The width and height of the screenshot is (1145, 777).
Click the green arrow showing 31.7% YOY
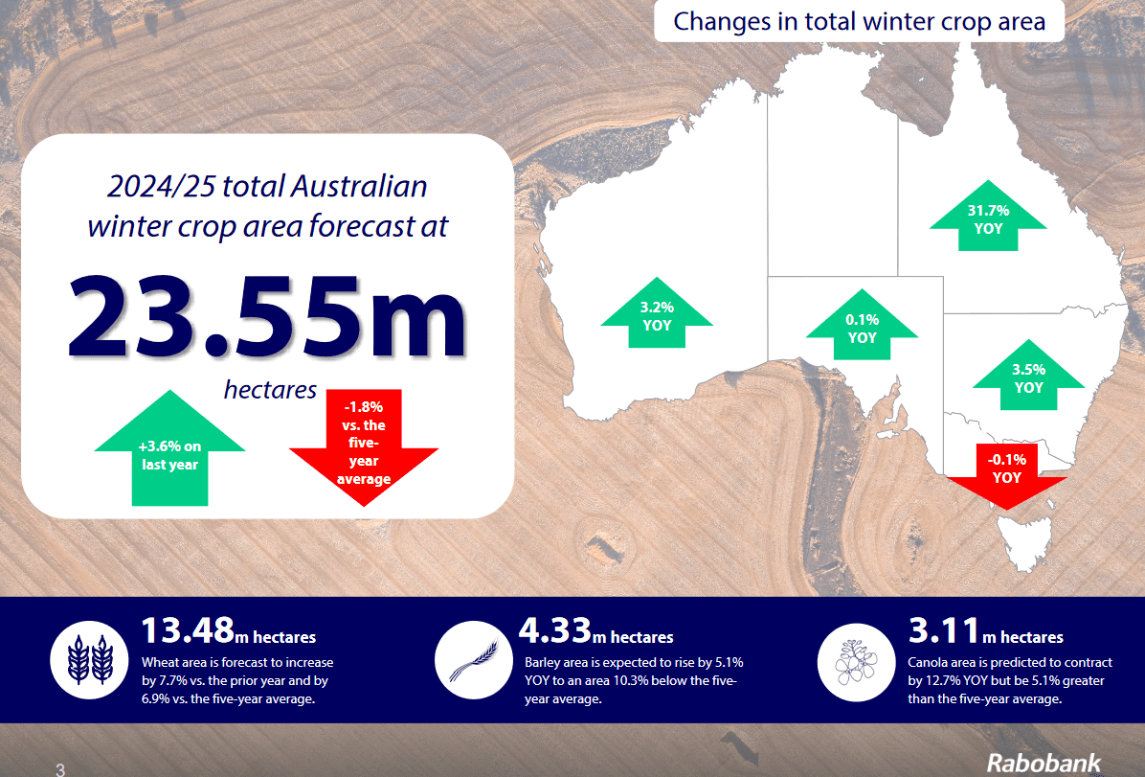coord(988,217)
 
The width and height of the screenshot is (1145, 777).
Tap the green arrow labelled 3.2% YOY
coord(657,314)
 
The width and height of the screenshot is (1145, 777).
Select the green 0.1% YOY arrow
coord(862,327)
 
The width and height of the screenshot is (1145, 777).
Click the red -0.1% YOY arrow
coord(1006,473)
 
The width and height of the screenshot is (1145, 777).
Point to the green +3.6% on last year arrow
coord(169,449)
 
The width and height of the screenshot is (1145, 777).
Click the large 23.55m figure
coord(266,316)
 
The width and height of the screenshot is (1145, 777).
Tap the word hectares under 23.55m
coord(270,390)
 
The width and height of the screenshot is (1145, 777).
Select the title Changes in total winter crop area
coord(859,21)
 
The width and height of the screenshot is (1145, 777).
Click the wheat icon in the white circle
coord(89,660)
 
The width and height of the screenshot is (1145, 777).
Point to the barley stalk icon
coord(473,660)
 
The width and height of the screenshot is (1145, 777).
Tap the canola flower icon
coord(857,662)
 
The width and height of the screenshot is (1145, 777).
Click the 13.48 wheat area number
coord(188,630)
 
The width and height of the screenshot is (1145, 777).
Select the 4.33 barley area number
coord(555,630)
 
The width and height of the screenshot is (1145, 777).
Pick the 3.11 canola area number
coord(943,630)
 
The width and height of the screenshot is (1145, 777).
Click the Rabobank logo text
coord(1044,763)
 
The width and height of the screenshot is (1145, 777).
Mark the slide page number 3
coord(60,769)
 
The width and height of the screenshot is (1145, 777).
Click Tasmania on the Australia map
coord(1026,541)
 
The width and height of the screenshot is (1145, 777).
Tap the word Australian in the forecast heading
coord(359,186)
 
